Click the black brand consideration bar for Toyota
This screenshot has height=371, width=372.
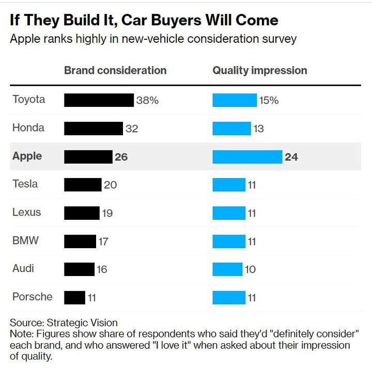coord(99,100)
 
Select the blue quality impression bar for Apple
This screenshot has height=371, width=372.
coord(247,156)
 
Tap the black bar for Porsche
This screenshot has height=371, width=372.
coord(74,297)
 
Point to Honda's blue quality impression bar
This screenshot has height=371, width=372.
coord(231,128)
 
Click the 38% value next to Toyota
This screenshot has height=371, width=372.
coord(147,101)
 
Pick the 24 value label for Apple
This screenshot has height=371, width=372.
coord(291,157)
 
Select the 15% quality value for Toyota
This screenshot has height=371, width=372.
coord(269,101)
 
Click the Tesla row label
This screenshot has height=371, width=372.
coord(25,184)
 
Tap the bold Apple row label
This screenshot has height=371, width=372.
coord(27,156)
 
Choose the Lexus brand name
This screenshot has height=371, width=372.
coord(26,212)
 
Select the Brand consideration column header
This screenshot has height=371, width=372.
coord(115,71)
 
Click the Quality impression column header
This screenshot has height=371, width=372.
coord(260,71)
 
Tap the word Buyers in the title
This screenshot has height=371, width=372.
coord(170,20)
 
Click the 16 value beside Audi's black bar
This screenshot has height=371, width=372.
coord(102,269)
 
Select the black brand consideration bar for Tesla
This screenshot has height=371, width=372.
coord(83,185)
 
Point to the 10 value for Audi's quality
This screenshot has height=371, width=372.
coord(251,269)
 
